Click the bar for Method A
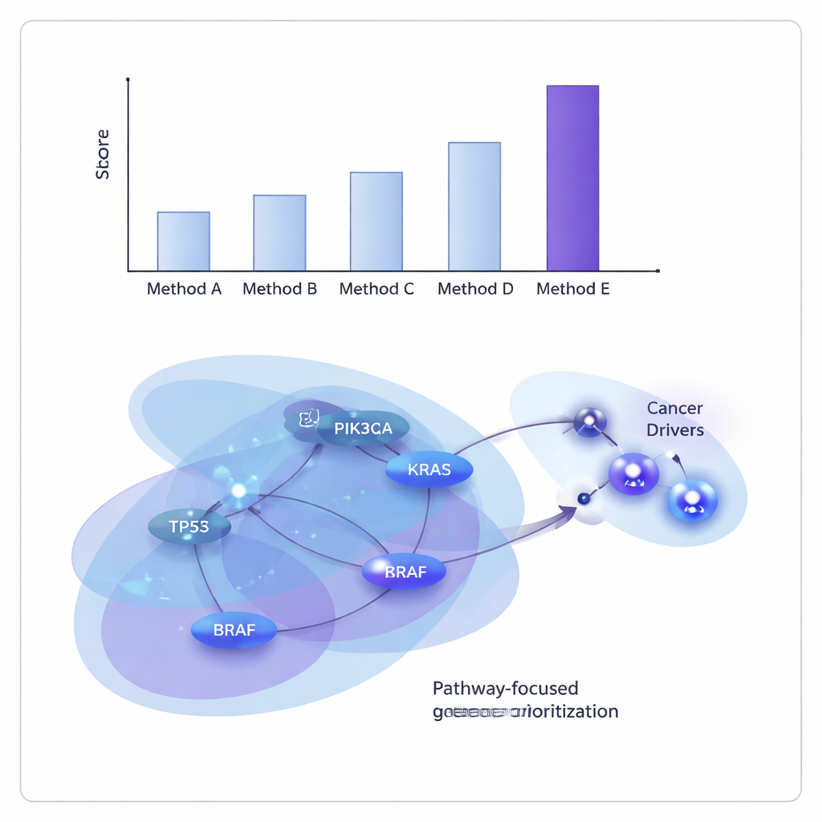pyautogui.click(x=183, y=242)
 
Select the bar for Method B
pyautogui.click(x=279, y=233)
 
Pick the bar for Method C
pyautogui.click(x=376, y=222)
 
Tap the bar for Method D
pyautogui.click(x=474, y=206)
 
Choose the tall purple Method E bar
pyautogui.click(x=572, y=178)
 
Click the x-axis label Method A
pyautogui.click(x=184, y=289)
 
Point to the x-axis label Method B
pyautogui.click(x=279, y=289)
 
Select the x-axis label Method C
pyautogui.click(x=376, y=289)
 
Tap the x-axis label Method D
pyautogui.click(x=475, y=289)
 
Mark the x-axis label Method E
pyautogui.click(x=572, y=289)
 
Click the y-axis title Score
pyautogui.click(x=103, y=154)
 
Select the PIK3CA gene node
pyautogui.click(x=364, y=429)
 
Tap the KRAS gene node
pyautogui.click(x=429, y=470)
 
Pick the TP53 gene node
pyautogui.click(x=189, y=527)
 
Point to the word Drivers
pyautogui.click(x=675, y=430)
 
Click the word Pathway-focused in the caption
pyautogui.click(x=505, y=689)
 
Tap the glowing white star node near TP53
pyautogui.click(x=238, y=490)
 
